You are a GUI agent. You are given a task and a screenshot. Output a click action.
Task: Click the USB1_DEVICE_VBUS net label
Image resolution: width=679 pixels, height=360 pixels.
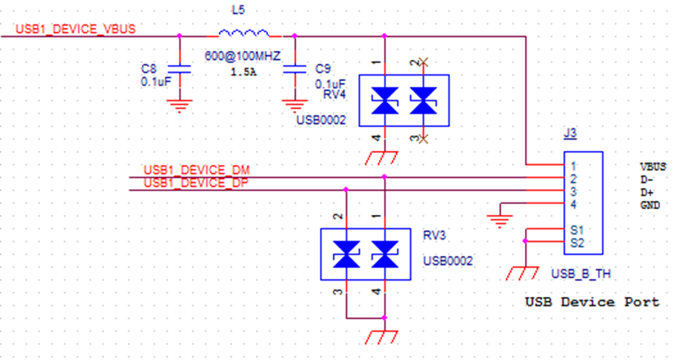75,29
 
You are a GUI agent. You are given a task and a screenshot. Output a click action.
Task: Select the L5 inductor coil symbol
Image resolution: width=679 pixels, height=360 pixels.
244,33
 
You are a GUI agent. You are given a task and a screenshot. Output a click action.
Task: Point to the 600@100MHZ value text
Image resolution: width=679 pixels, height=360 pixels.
243,56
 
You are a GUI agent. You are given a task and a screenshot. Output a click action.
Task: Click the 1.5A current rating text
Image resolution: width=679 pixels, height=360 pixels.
244,72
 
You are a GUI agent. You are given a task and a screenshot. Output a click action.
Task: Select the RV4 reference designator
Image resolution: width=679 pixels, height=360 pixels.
335,94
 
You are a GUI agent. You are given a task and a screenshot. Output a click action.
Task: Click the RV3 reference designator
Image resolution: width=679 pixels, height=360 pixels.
435,235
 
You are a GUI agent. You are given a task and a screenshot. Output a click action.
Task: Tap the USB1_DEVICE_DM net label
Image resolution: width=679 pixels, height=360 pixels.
197,170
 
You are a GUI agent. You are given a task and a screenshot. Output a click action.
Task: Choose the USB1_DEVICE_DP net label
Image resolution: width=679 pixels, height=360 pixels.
196,183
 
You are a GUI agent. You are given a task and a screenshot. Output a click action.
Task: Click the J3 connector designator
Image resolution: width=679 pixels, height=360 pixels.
570,133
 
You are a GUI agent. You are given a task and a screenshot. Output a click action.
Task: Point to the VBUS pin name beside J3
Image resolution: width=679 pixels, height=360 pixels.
653,166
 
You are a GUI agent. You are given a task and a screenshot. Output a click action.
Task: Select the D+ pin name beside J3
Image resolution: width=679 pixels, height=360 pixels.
647,193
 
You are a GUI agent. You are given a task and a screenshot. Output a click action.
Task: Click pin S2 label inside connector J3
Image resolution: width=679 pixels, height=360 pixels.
577,243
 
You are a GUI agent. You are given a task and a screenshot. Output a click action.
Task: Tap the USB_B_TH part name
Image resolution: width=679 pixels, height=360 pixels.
581,274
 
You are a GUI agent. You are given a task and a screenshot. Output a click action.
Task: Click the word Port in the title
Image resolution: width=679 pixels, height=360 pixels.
642,302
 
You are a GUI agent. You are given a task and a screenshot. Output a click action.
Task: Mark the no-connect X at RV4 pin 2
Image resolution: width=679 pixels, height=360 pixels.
424,62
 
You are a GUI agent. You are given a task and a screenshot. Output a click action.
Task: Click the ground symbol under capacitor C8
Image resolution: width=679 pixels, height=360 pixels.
180,106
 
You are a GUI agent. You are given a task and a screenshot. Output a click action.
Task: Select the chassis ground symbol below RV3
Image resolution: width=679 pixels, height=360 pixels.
381,337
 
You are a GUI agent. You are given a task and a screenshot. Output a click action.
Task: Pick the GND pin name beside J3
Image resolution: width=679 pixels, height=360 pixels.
650,205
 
